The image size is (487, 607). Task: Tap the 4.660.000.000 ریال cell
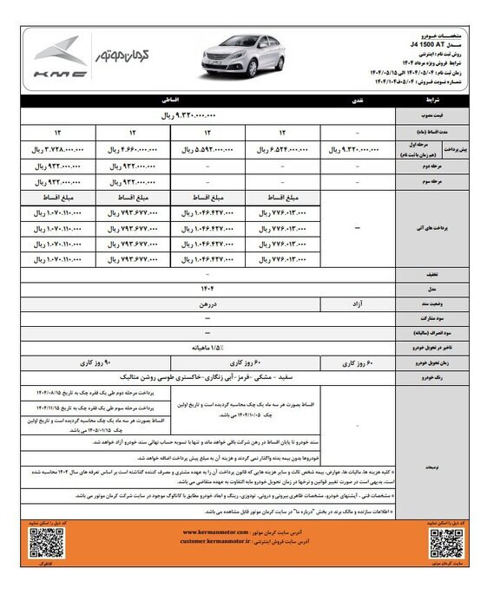(x=134, y=148)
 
